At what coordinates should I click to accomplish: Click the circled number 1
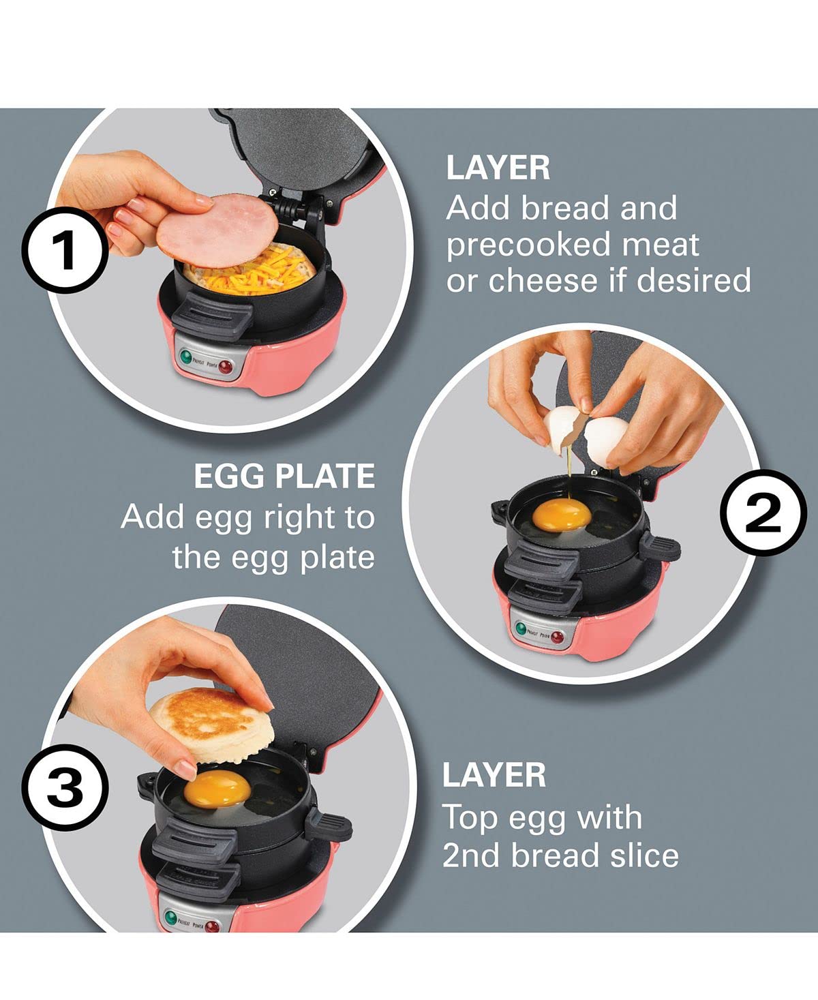(x=65, y=250)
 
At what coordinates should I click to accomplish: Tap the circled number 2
(x=763, y=513)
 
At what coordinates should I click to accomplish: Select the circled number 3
(x=65, y=787)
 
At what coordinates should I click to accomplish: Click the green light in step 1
(x=186, y=357)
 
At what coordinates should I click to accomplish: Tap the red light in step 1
(x=226, y=367)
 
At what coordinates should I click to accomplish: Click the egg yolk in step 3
(x=217, y=789)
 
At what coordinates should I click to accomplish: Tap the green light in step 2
(x=521, y=629)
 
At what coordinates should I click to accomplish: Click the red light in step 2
(x=558, y=637)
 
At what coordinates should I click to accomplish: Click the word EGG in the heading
(x=229, y=476)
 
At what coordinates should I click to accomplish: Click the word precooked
(x=528, y=245)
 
